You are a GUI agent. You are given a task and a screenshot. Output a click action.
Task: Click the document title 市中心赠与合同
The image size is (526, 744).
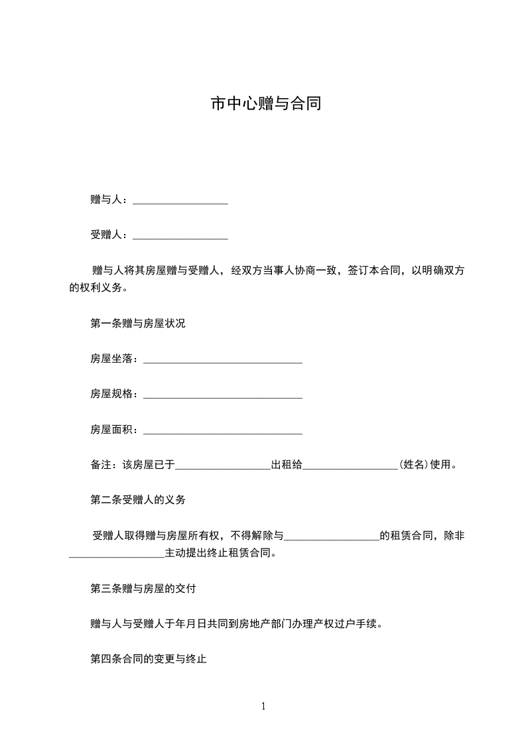(x=265, y=104)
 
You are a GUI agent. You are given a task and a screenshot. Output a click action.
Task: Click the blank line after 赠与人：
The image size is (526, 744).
(x=180, y=200)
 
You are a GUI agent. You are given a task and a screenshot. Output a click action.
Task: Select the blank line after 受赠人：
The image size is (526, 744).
(x=180, y=235)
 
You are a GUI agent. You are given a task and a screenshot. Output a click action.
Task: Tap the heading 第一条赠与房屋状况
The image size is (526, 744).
(x=138, y=324)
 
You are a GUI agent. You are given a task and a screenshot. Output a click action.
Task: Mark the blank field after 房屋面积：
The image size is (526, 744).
(x=223, y=430)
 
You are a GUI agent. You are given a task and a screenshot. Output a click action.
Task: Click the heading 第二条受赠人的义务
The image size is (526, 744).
(x=138, y=500)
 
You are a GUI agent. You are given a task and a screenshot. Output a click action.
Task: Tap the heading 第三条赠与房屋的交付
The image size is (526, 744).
(x=143, y=588)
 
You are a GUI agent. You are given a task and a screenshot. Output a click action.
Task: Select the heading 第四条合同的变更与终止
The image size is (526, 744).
(x=149, y=659)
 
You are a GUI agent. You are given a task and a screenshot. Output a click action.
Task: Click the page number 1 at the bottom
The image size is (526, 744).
(x=263, y=706)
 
